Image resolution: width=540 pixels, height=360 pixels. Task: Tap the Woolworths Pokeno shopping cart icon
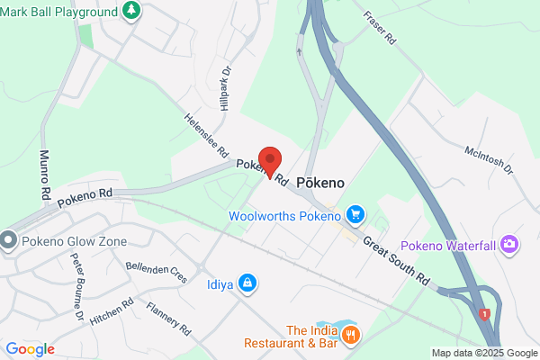tap(356, 214)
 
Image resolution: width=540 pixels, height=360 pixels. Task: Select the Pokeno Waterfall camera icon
tap(510, 244)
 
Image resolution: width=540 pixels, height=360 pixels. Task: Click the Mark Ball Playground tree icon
tap(132, 12)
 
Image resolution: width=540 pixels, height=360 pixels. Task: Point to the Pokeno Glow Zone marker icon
tap(9, 240)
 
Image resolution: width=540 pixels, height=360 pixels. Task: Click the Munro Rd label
tap(45, 175)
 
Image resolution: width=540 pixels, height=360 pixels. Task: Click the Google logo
tap(30, 349)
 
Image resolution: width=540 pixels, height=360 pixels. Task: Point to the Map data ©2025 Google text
tap(483, 353)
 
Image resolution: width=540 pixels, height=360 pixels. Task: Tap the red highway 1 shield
tap(485, 314)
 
